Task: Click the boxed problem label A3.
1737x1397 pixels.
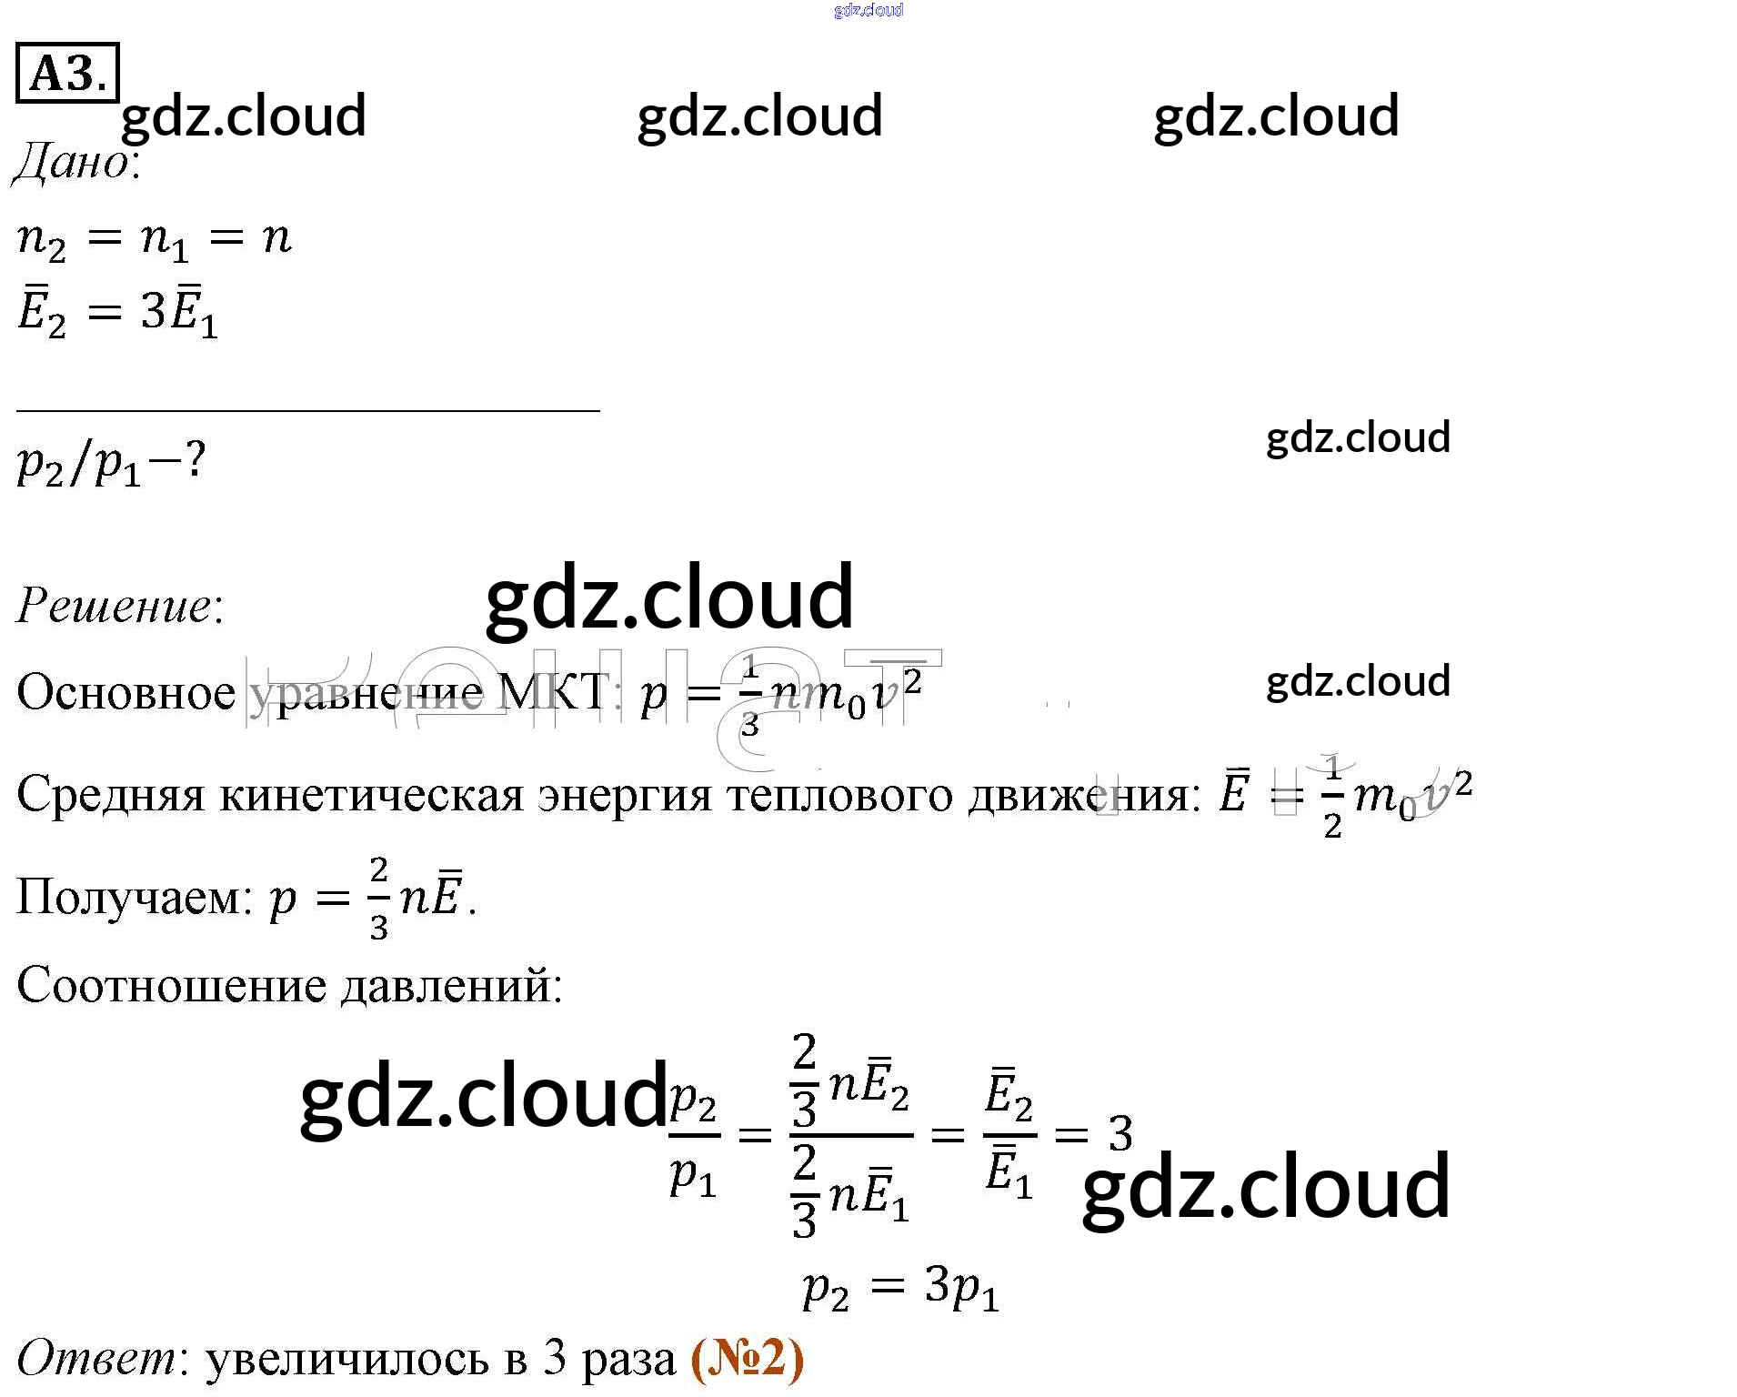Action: pyautogui.click(x=67, y=72)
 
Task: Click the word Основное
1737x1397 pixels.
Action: pyautogui.click(x=126, y=693)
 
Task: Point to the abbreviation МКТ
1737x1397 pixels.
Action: pyautogui.click(x=553, y=693)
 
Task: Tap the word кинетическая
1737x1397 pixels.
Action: pyautogui.click(x=372, y=795)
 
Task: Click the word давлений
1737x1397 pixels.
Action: pyautogui.click(x=452, y=985)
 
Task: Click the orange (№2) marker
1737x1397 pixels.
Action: pyautogui.click(x=748, y=1358)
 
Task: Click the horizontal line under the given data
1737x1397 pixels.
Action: pyautogui.click(x=307, y=411)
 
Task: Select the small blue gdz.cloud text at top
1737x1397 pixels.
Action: pyautogui.click(x=868, y=10)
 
